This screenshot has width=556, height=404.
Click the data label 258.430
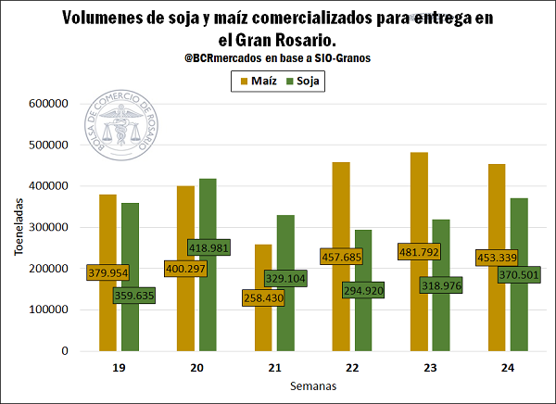263,298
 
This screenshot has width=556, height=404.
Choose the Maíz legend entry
259,82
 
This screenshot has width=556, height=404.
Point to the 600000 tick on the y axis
49,104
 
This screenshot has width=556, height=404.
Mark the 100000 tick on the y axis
49,310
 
